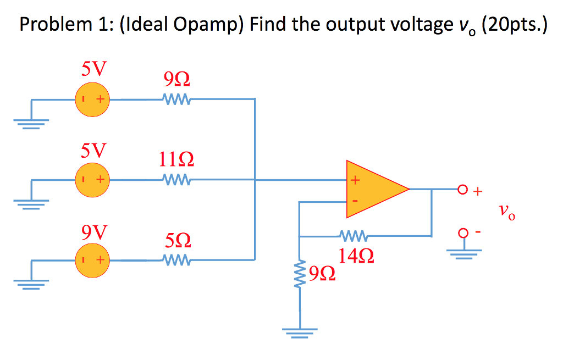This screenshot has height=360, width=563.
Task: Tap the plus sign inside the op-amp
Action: click(x=355, y=179)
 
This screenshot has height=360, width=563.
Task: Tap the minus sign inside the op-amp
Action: click(x=355, y=201)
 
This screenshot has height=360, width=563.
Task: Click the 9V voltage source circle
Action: click(x=92, y=260)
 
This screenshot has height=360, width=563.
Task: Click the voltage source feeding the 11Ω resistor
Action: click(x=92, y=180)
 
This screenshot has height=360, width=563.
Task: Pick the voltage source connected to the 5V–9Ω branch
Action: click(x=92, y=99)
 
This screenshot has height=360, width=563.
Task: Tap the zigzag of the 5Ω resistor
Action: click(x=176, y=260)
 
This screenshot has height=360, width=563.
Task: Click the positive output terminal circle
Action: click(x=462, y=190)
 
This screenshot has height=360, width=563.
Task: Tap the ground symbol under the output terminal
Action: click(x=463, y=254)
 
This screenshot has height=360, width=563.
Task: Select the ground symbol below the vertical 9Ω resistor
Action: click(x=300, y=333)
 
